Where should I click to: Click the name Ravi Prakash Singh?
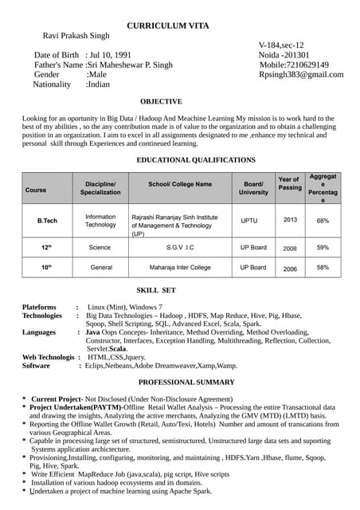pyautogui.click(x=76, y=36)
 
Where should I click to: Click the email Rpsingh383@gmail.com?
pyautogui.click(x=301, y=75)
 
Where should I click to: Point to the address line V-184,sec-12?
pyautogui.click(x=281, y=45)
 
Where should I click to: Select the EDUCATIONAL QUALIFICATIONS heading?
pyautogui.click(x=196, y=160)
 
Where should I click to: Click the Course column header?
pyautogui.click(x=36, y=190)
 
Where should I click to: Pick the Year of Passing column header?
pyautogui.click(x=290, y=184)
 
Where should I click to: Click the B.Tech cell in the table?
pyautogui.click(x=47, y=220)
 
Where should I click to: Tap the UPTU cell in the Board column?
pyautogui.click(x=249, y=220)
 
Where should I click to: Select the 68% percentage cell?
pyautogui.click(x=323, y=221)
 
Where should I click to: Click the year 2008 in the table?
pyautogui.click(x=290, y=249)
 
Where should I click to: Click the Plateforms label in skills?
pyautogui.click(x=39, y=307)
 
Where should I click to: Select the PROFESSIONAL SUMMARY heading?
pyautogui.click(x=186, y=382)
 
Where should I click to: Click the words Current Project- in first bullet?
pyautogui.click(x=57, y=398)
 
